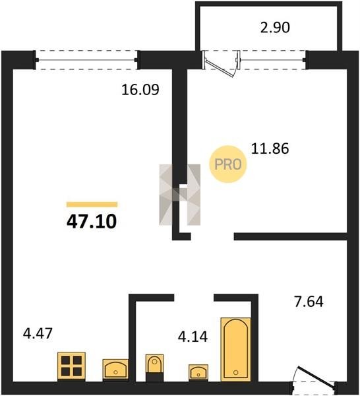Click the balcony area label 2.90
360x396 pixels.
[x=275, y=27]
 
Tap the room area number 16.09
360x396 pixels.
[x=140, y=90]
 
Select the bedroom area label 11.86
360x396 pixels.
[x=270, y=148]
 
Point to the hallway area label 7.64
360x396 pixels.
[x=309, y=302]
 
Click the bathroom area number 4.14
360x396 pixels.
[x=193, y=337]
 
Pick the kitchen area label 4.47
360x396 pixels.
[x=38, y=333]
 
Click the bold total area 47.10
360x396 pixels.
[x=92, y=221]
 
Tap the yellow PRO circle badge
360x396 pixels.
[x=228, y=164]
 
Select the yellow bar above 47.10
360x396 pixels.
[x=92, y=205]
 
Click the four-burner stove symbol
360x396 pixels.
[x=71, y=366]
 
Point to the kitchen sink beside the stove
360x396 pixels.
[x=115, y=369]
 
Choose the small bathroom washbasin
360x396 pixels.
[x=198, y=372]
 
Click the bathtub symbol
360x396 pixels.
[x=235, y=349]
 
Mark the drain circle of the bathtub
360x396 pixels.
[x=235, y=372]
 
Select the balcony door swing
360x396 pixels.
[x=221, y=64]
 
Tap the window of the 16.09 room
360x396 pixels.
[x=86, y=60]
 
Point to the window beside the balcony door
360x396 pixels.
[x=272, y=60]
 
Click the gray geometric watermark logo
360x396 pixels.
[x=179, y=195]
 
